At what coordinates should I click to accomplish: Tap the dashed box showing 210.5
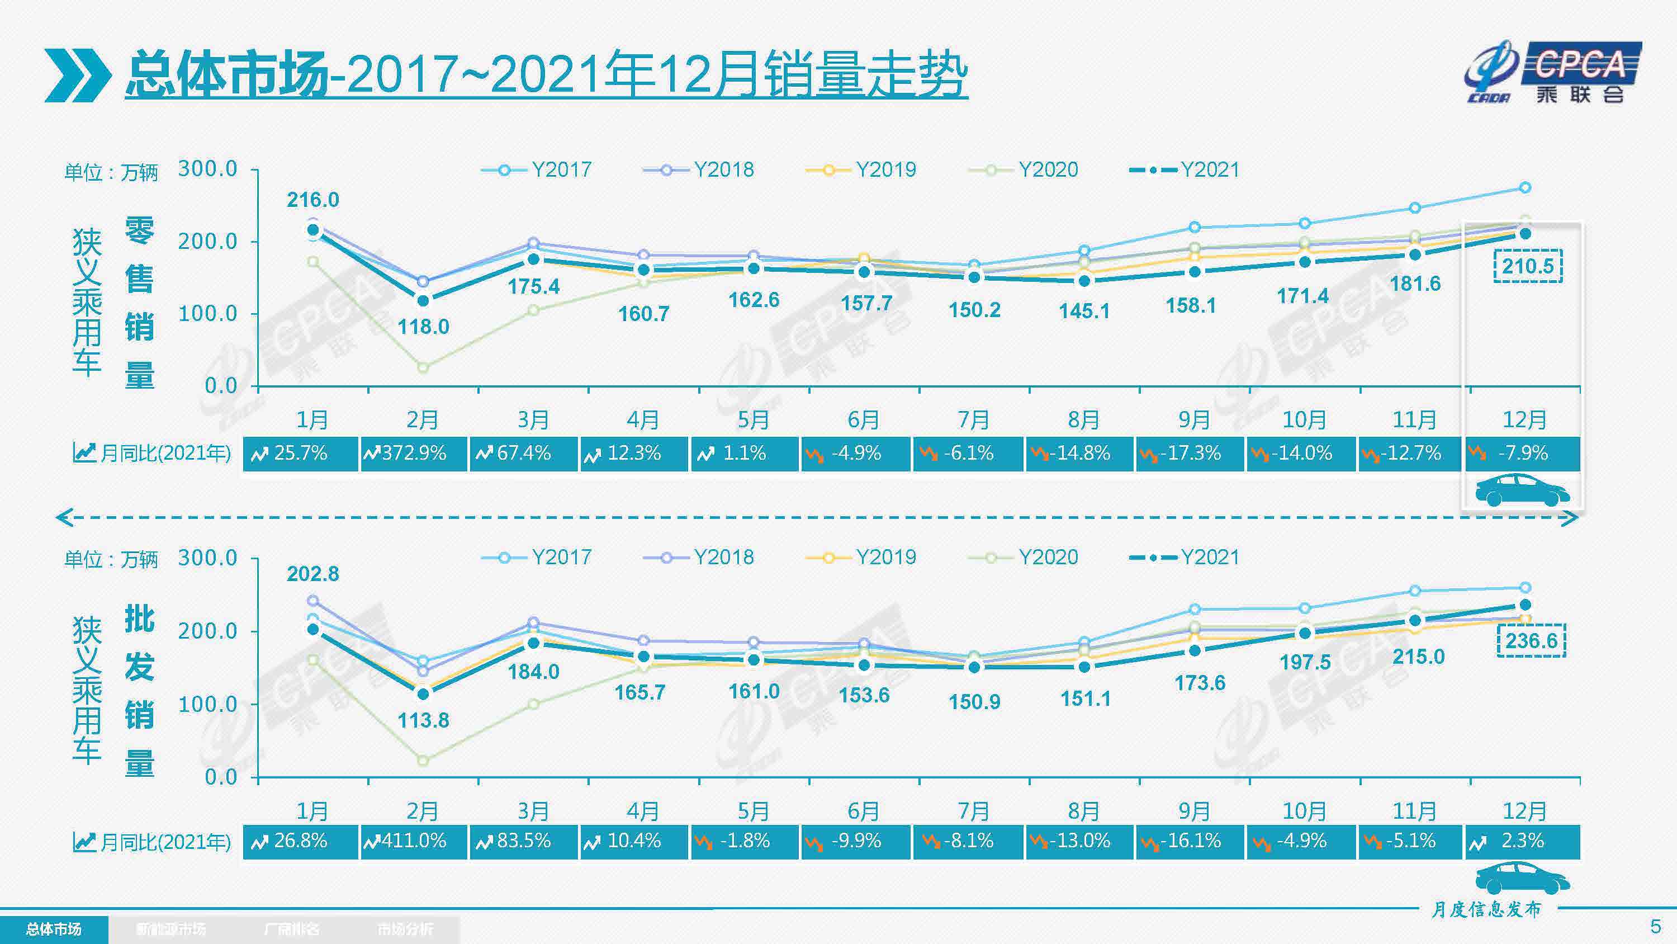(x=1527, y=266)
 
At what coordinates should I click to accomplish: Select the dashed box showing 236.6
(x=1531, y=640)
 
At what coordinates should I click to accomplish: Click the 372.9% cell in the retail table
(x=414, y=454)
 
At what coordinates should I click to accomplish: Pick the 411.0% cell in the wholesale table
(x=414, y=841)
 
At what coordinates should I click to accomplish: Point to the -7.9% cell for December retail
(x=1522, y=454)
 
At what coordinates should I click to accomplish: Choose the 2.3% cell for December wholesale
(x=1522, y=841)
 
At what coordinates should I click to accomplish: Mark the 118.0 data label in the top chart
(x=423, y=327)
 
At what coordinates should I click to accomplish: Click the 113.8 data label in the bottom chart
(x=423, y=720)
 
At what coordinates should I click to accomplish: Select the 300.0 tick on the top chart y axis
(x=208, y=169)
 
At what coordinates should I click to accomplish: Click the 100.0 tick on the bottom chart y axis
(x=208, y=704)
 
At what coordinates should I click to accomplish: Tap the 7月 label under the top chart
(x=973, y=420)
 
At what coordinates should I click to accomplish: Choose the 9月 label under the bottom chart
(x=1193, y=811)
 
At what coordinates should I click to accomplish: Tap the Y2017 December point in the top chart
(x=1524, y=188)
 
